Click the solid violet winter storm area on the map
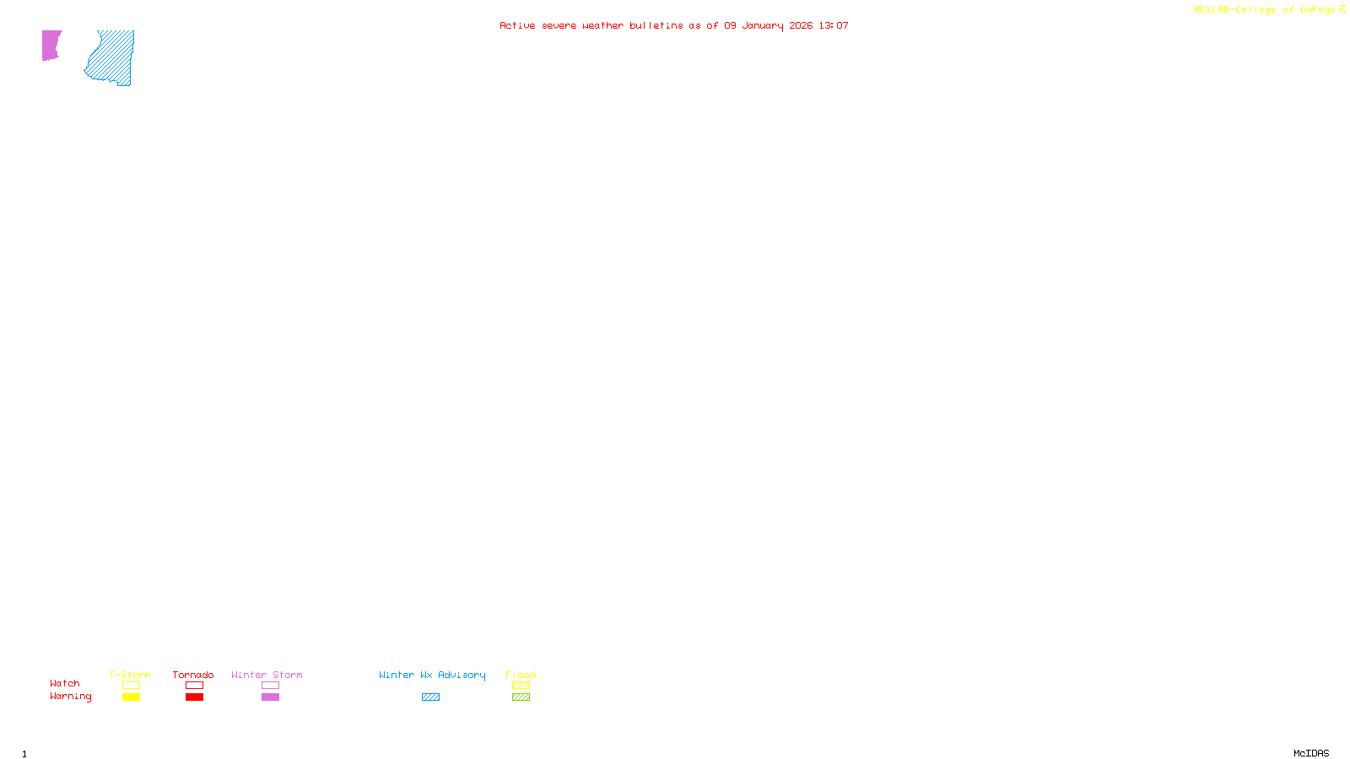pyautogui.click(x=51, y=45)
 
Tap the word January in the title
pyautogui.click(x=762, y=25)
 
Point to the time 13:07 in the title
pyautogui.click(x=834, y=25)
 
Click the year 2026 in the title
pyautogui.click(x=801, y=25)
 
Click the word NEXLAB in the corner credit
pyautogui.click(x=1211, y=10)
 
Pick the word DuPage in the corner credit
pyautogui.click(x=1317, y=10)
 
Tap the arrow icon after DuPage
pyautogui.click(x=1342, y=9)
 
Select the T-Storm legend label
pyautogui.click(x=130, y=675)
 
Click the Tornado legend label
pyautogui.click(x=193, y=675)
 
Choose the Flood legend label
pyautogui.click(x=521, y=675)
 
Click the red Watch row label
pyautogui.click(x=65, y=684)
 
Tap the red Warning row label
pyautogui.click(x=71, y=697)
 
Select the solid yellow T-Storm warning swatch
pyautogui.click(x=131, y=697)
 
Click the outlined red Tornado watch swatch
pyautogui.click(x=194, y=686)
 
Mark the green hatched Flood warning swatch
pyautogui.click(x=521, y=697)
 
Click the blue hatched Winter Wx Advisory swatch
pyautogui.click(x=430, y=697)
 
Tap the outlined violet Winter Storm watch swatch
pyautogui.click(x=270, y=686)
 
